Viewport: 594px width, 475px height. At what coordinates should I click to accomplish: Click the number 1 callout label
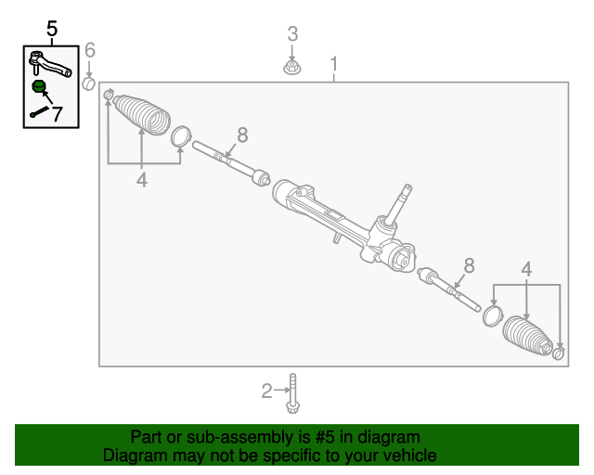[334, 64]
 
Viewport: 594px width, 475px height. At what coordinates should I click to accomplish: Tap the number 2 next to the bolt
[267, 391]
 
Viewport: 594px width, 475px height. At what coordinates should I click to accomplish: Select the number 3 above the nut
[292, 34]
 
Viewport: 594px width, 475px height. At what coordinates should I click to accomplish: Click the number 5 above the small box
[51, 28]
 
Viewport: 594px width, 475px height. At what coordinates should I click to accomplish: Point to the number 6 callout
[90, 50]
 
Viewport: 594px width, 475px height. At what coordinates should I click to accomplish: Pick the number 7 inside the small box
[57, 115]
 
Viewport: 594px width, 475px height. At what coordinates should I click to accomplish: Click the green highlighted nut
[39, 87]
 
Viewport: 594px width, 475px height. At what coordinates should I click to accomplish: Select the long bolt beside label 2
[293, 393]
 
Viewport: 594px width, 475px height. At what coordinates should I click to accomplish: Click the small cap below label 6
[89, 83]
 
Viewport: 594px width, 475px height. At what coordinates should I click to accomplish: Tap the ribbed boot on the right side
[527, 336]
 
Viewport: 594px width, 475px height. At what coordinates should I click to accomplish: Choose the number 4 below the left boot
[142, 181]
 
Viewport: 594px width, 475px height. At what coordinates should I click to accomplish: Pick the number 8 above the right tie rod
[469, 266]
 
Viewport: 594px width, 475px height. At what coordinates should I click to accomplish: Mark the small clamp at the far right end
[559, 353]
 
